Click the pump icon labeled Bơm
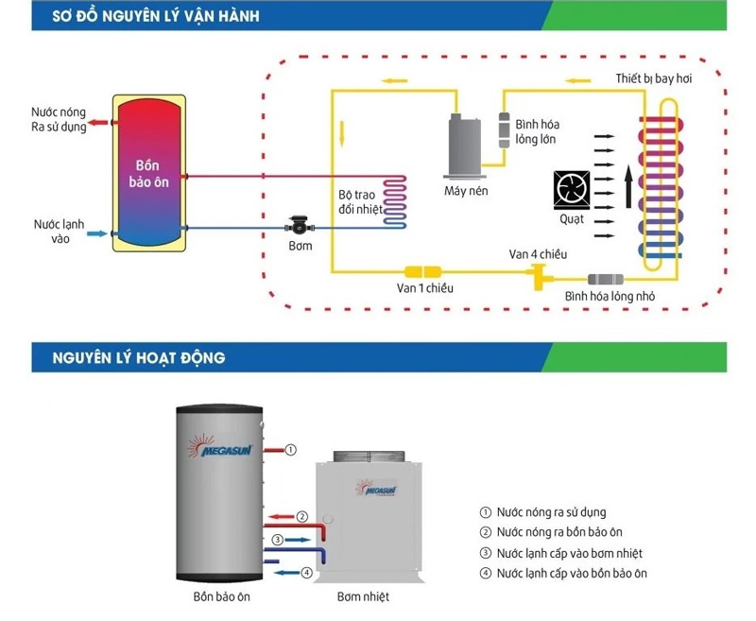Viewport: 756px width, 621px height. point(299,227)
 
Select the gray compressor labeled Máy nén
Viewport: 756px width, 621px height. point(463,147)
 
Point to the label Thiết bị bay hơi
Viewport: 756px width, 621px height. point(653,78)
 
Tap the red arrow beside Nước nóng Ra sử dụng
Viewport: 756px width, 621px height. point(98,122)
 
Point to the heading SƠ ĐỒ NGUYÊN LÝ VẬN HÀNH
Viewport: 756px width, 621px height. point(157,15)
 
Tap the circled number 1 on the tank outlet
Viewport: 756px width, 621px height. point(291,449)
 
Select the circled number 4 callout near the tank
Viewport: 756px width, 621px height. point(306,572)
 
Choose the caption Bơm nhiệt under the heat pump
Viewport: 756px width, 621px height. point(363,597)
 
